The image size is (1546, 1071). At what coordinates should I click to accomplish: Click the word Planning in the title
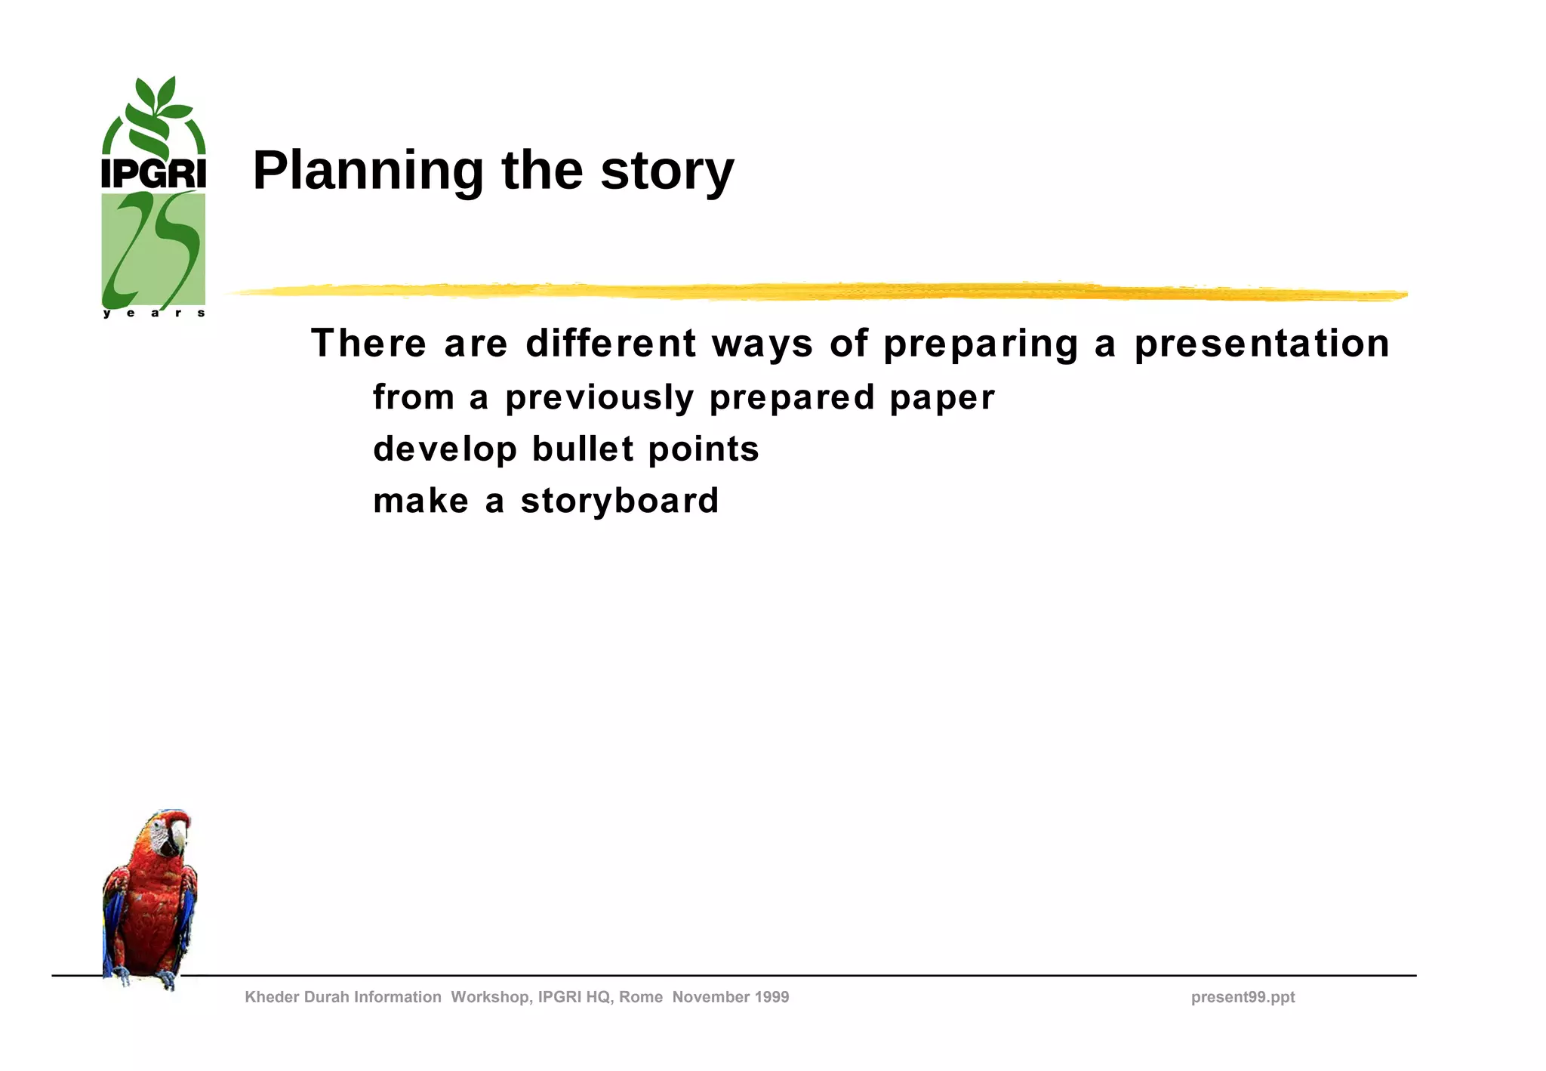pyautogui.click(x=368, y=171)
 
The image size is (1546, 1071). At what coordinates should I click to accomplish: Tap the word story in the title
pyautogui.click(x=667, y=171)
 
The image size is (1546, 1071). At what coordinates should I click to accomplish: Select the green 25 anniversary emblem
pyautogui.click(x=153, y=249)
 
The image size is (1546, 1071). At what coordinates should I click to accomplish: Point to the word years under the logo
pyautogui.click(x=153, y=313)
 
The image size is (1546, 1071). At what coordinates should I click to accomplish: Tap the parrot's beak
pyautogui.click(x=178, y=837)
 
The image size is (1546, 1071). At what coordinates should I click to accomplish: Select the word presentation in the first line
pyautogui.click(x=1261, y=344)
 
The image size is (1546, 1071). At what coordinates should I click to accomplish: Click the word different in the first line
pyautogui.click(x=611, y=344)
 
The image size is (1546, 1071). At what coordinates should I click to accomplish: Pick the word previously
pyautogui.click(x=599, y=398)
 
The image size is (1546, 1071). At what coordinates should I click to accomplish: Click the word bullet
pyautogui.click(x=583, y=449)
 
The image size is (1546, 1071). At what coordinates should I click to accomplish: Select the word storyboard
pyautogui.click(x=620, y=501)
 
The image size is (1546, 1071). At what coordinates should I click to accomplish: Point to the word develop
pyautogui.click(x=445, y=450)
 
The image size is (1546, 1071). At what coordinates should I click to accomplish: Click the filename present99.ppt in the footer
pyautogui.click(x=1243, y=997)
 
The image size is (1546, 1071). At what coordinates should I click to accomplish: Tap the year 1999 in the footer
pyautogui.click(x=769, y=997)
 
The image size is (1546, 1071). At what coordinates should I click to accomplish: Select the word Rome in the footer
pyautogui.click(x=640, y=997)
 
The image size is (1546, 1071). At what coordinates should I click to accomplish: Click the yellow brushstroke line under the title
pyautogui.click(x=815, y=292)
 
